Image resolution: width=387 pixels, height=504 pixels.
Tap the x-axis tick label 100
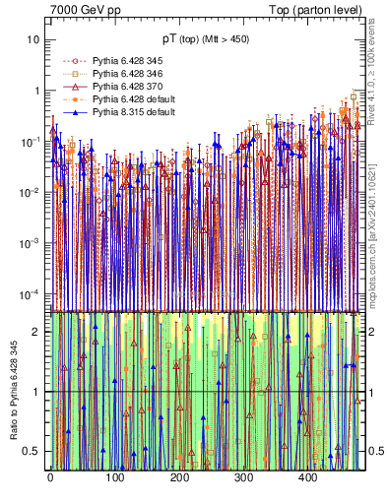point(114,477)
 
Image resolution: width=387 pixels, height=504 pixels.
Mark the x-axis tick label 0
point(50,477)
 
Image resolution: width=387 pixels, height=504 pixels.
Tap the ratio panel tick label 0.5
point(31,452)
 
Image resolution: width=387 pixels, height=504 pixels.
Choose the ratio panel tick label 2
point(35,331)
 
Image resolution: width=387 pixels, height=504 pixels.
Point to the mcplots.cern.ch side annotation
point(375,226)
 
